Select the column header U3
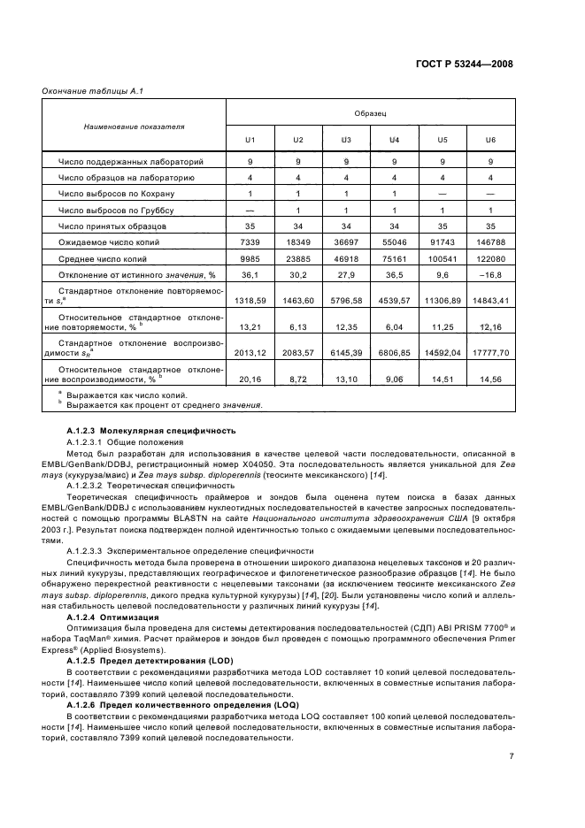[x=346, y=140]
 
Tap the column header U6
[x=490, y=140]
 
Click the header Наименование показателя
[x=135, y=126]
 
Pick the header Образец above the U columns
[x=371, y=114]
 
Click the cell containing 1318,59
[x=250, y=301]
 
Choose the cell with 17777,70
[x=490, y=352]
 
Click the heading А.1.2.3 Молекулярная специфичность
[x=150, y=431]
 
